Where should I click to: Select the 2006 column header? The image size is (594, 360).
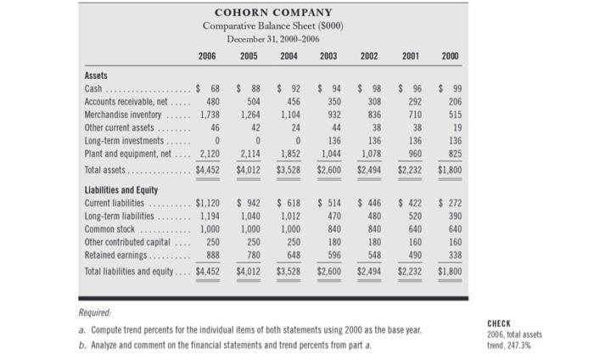[x=207, y=57]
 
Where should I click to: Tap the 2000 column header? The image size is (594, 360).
[x=450, y=57]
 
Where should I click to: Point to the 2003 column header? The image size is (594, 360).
[x=328, y=57]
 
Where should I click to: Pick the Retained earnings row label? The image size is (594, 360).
[x=117, y=255]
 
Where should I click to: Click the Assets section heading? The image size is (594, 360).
[x=97, y=75]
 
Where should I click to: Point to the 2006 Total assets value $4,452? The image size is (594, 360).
[x=208, y=169]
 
